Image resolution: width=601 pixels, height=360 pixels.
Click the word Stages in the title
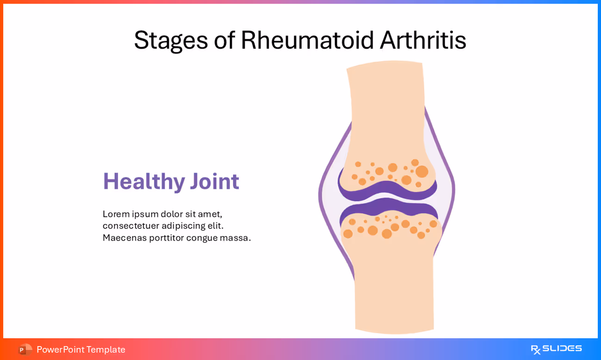(171, 40)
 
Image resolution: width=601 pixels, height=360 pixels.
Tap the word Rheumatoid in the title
(307, 40)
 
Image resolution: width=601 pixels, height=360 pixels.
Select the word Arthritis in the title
(423, 40)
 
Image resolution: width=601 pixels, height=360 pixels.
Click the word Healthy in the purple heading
(144, 181)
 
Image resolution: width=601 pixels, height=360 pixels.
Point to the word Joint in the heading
(214, 181)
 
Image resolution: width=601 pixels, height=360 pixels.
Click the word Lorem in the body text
(116, 214)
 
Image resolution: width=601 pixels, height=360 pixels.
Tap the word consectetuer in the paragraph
(130, 226)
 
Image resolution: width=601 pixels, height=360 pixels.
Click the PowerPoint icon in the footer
(25, 349)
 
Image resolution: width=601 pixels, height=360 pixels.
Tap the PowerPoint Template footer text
(81, 349)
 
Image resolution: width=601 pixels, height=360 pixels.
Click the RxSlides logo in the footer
(556, 349)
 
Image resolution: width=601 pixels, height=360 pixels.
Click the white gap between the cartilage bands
(388, 198)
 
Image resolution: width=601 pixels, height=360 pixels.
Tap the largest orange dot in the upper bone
(421, 172)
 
